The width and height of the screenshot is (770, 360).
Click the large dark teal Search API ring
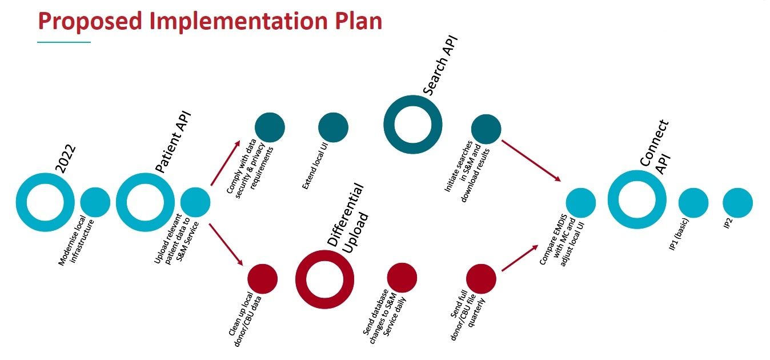[412, 123]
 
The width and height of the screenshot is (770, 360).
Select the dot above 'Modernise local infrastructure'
[95, 202]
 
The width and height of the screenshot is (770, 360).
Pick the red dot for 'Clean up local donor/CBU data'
[262, 279]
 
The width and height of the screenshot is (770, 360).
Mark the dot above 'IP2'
[737, 202]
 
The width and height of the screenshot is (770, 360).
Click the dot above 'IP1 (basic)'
[693, 202]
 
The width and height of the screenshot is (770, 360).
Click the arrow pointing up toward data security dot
[226, 162]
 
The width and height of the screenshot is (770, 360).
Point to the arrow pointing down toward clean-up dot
[226, 244]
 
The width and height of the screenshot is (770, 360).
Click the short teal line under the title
[64, 42]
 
